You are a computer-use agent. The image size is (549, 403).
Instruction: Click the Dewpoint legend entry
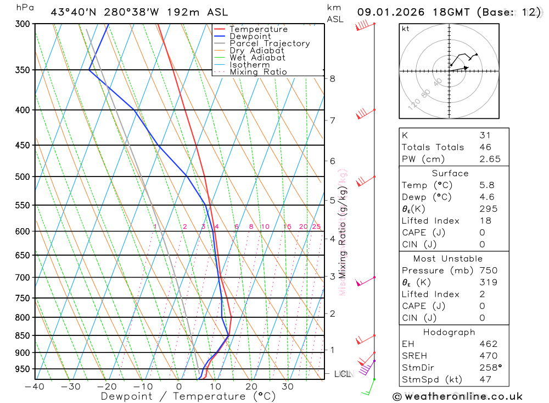tap(250, 36)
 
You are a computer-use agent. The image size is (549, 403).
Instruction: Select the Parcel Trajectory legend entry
tap(270, 43)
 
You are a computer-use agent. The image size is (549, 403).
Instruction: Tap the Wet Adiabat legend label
tap(257, 58)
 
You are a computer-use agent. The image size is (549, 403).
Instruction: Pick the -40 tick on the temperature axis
tap(35, 387)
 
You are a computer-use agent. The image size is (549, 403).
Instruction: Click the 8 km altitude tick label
tap(332, 79)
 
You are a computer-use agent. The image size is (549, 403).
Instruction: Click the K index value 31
tap(485, 135)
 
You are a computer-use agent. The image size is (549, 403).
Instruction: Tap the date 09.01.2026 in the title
tap(388, 12)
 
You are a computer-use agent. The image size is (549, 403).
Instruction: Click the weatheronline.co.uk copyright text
tap(457, 396)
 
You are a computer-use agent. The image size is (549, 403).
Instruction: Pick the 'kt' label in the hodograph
tap(405, 29)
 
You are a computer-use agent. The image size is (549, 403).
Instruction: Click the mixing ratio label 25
tap(316, 227)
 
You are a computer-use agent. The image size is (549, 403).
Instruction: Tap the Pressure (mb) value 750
tap(488, 270)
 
